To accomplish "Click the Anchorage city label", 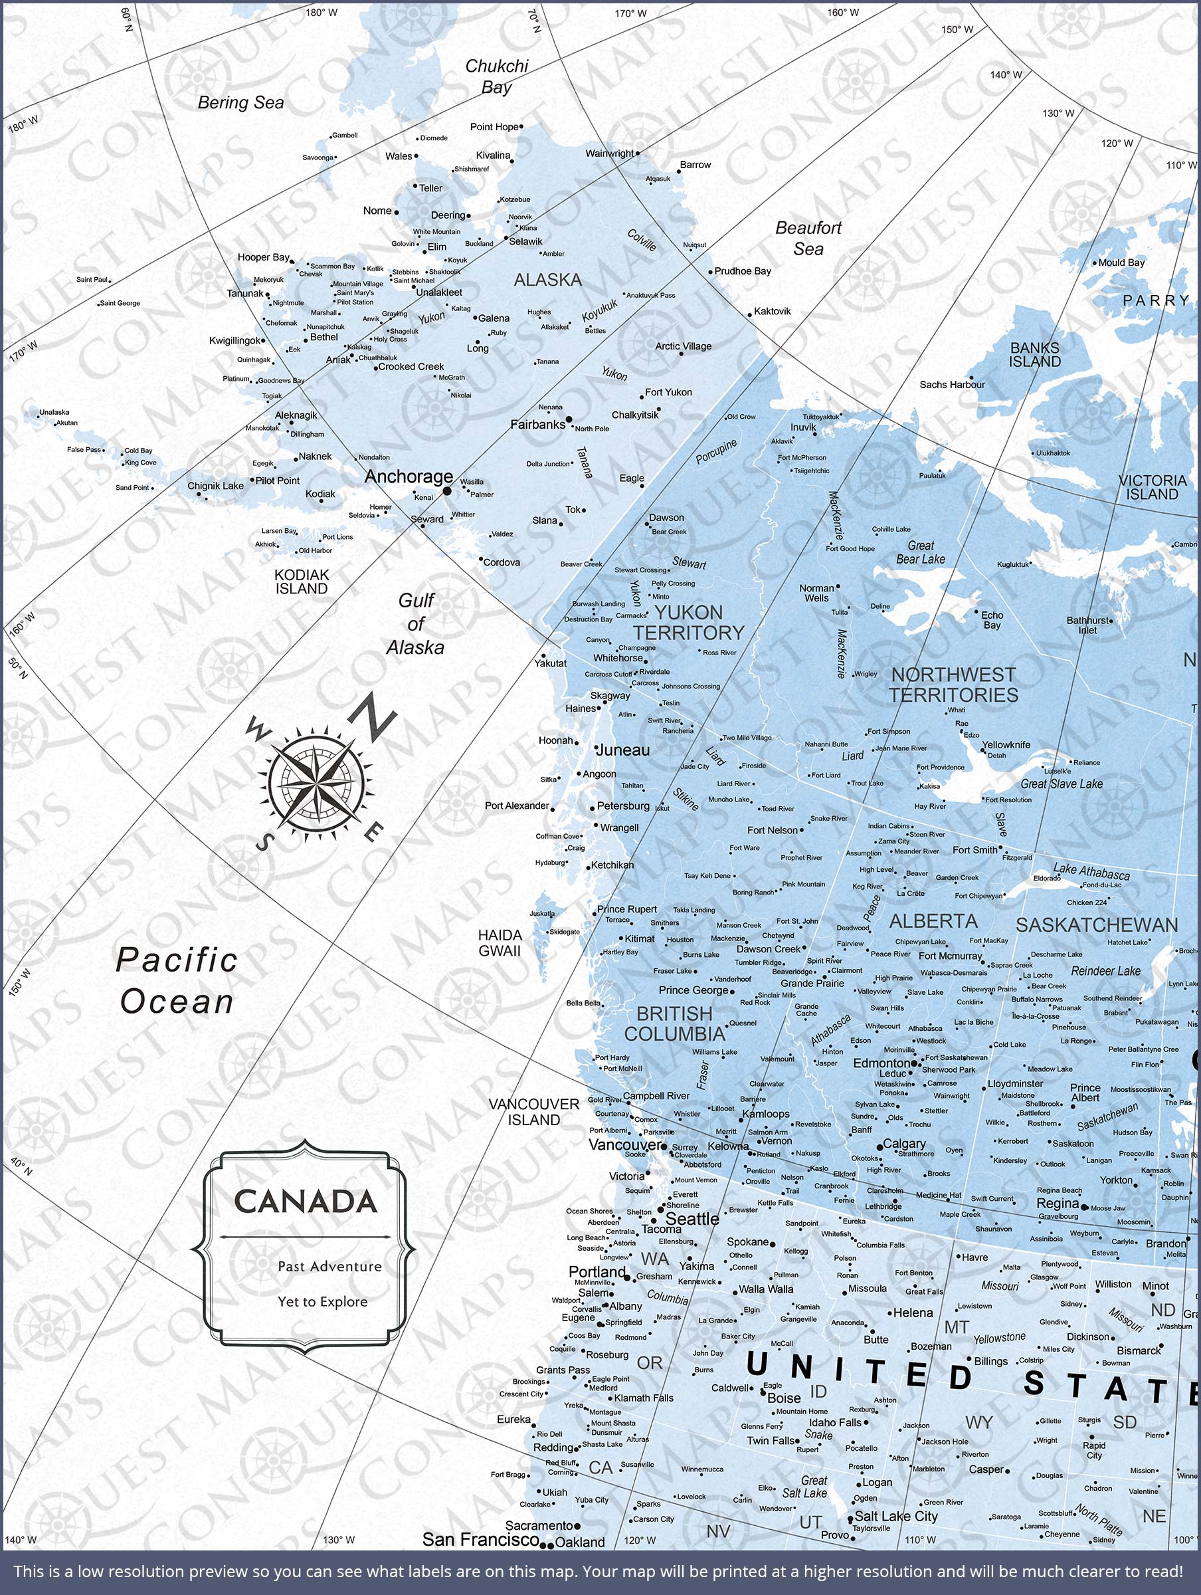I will coord(408,477).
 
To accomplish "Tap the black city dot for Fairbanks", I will coord(569,419).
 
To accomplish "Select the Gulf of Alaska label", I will coord(415,624).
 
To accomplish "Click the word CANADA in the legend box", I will coord(306,1202).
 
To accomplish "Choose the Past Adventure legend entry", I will coord(329,1266).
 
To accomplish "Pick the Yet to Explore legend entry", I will coord(322,1301).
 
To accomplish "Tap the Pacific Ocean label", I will coord(177,981).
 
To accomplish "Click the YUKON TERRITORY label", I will coord(688,622).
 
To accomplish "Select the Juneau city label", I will coord(623,750).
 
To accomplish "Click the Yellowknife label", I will coord(1006,745).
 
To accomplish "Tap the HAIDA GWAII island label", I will coord(499,942).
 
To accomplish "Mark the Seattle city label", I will coord(692,1219).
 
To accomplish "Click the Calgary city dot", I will coord(879,1146).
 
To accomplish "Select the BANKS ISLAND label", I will coord(1034,355).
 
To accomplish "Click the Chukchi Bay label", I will coord(496,76).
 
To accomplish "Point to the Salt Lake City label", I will coord(895,1517).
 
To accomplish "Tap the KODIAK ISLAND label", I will coord(302,582).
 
